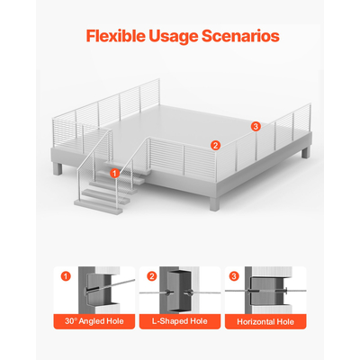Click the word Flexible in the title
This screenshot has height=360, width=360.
point(115,36)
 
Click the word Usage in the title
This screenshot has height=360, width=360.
point(174,37)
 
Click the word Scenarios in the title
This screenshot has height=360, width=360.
point(240,36)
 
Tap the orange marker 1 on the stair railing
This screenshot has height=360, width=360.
point(114,173)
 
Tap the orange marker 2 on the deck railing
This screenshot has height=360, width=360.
point(215,146)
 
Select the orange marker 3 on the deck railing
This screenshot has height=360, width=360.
point(256,127)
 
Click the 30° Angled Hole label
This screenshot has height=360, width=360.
point(94,321)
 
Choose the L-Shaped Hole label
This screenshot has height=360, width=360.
point(180,321)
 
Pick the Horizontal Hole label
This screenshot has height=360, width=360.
point(265,322)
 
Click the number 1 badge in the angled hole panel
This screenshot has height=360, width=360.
point(66,276)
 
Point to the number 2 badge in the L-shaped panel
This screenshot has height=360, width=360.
point(152,276)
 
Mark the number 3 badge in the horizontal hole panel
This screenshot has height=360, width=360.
point(234,276)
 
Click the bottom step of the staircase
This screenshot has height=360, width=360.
point(98,207)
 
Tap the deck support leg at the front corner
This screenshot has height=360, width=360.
point(214,204)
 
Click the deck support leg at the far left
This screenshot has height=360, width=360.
point(58,168)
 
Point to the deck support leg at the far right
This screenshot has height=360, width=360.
point(306,153)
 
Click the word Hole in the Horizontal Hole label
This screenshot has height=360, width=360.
point(285,322)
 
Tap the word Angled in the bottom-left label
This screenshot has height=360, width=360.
point(93,321)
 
